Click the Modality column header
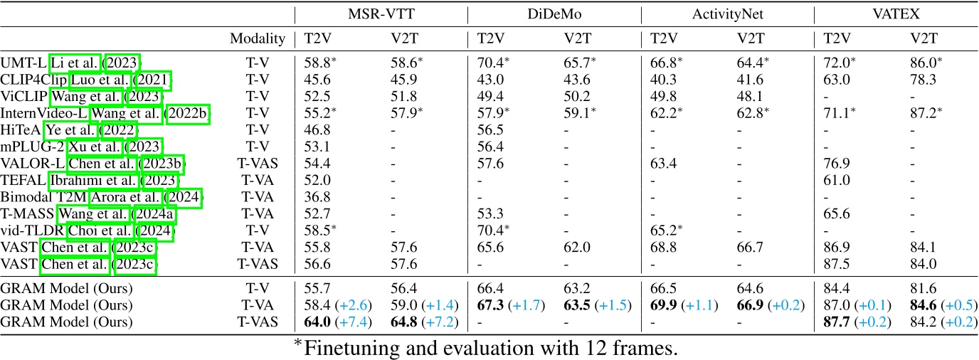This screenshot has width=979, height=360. [x=258, y=39]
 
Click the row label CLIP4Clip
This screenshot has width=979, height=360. [x=34, y=80]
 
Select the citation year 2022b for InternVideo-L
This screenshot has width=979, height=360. [x=188, y=113]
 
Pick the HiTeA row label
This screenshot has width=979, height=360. [x=21, y=129]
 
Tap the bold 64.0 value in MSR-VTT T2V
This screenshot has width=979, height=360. [x=319, y=322]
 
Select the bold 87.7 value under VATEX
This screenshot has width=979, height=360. [x=837, y=322]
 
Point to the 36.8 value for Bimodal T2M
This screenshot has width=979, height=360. [x=317, y=196]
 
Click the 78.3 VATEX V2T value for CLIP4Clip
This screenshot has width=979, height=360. [x=924, y=80]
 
